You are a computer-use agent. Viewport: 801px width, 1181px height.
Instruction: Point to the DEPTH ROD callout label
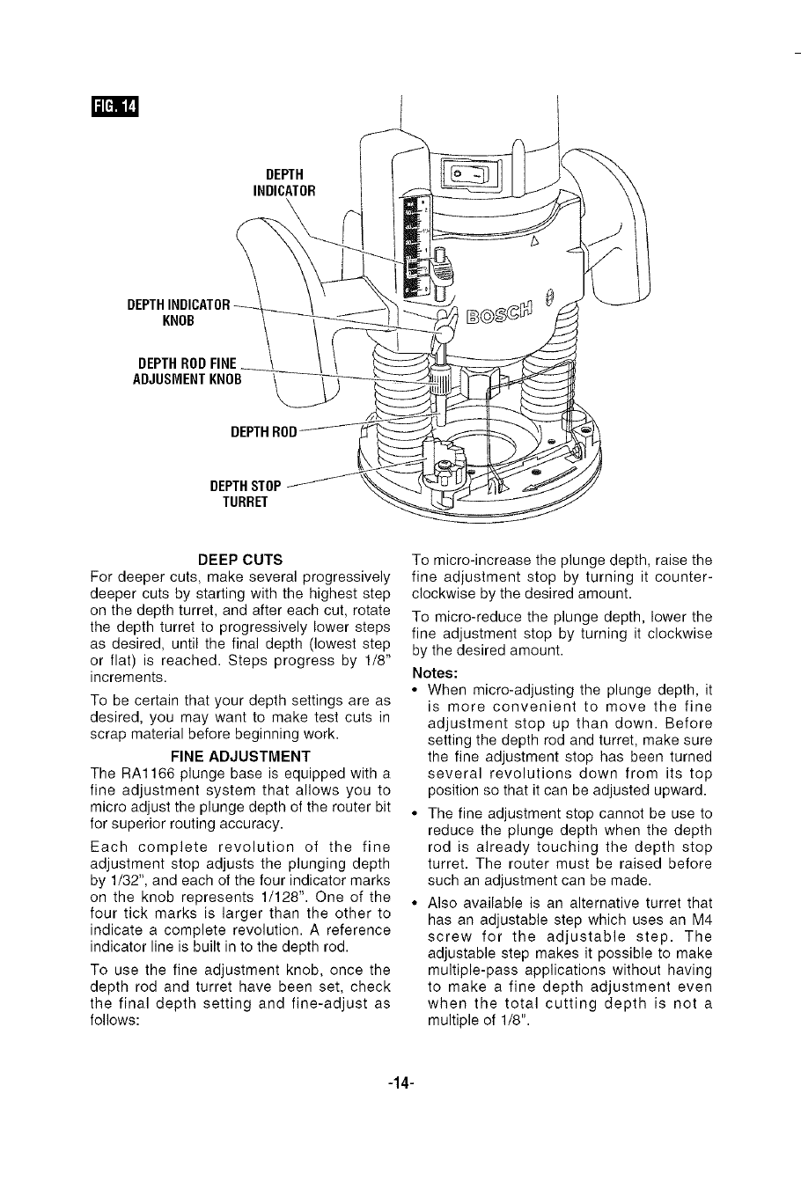tap(264, 432)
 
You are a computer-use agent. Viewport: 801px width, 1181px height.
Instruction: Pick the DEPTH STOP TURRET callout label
tap(246, 494)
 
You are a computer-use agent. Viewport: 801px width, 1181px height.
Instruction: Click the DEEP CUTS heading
tap(240, 560)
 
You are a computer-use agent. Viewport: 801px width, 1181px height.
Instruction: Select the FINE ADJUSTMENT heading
tap(240, 756)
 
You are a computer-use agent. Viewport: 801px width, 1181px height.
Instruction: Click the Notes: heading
tap(433, 671)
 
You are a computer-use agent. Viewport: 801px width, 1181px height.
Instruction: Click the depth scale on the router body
tap(412, 246)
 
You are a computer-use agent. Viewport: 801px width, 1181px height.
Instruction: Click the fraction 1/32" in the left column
tap(121, 880)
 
